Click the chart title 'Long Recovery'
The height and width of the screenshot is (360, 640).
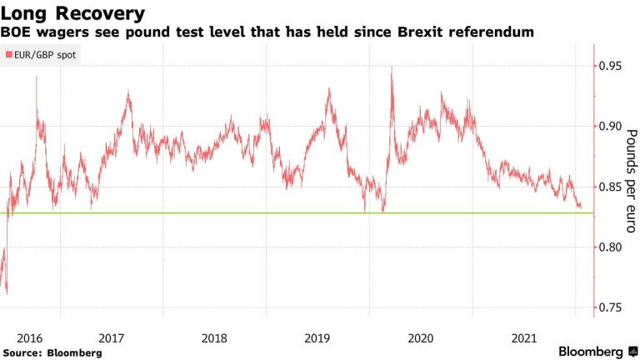[72, 13]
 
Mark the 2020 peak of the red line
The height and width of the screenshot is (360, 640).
[392, 67]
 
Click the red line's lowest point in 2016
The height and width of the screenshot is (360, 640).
[7, 293]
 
